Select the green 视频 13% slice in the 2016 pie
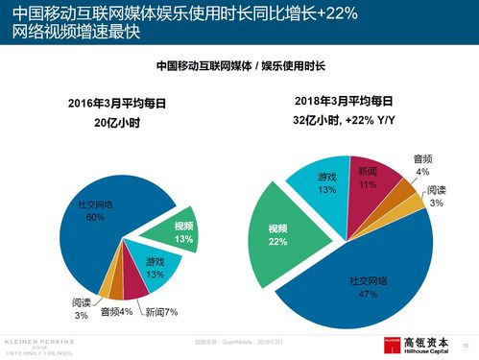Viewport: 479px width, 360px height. (181, 231)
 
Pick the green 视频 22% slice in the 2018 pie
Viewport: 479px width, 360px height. (279, 234)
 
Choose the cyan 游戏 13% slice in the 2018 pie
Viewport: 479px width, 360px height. (327, 183)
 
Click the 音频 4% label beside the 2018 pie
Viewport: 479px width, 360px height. (422, 164)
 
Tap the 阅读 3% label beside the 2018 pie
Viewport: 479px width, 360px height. (436, 196)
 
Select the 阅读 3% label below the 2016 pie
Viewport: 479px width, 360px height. (81, 308)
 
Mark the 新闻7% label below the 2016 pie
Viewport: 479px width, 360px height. (161, 312)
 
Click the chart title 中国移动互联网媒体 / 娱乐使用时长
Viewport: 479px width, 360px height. (240, 66)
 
